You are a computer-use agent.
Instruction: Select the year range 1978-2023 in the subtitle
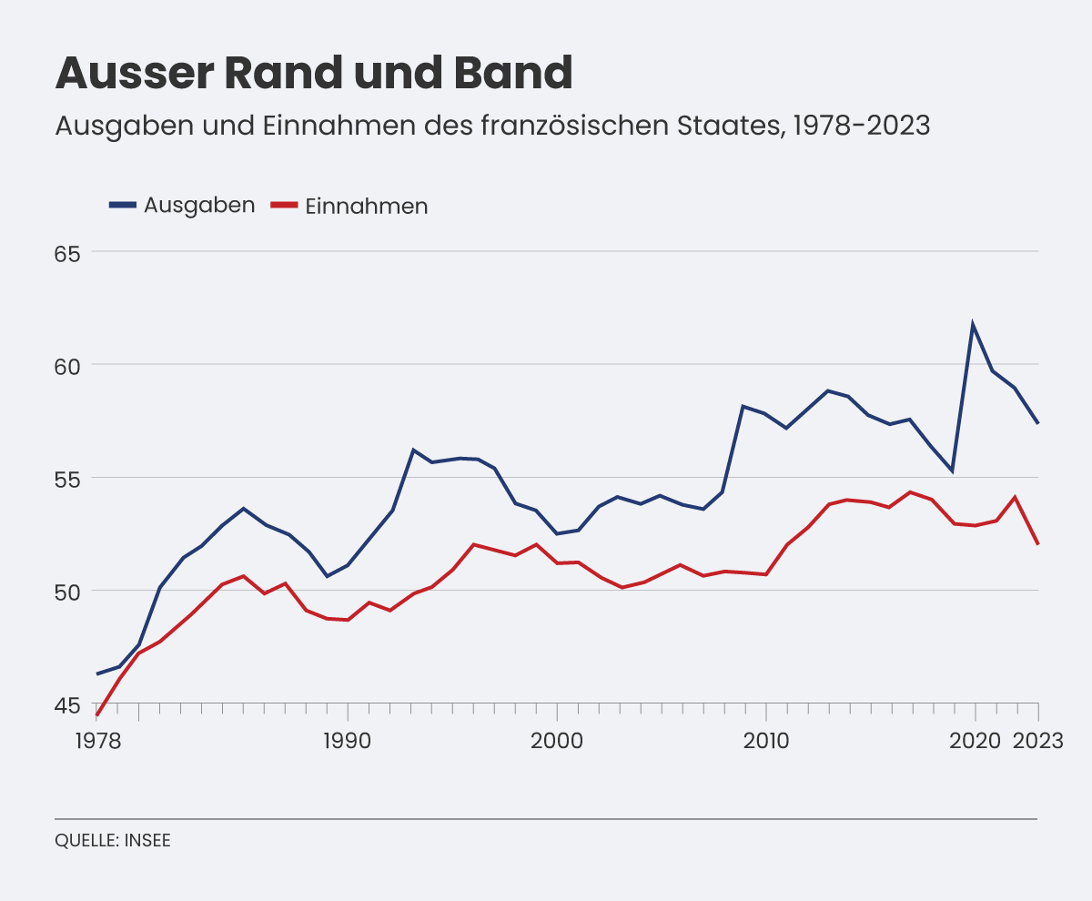862,126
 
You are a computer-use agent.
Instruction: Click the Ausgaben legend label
199,205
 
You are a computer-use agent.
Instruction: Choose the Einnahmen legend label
367,206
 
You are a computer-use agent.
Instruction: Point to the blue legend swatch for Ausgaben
123,205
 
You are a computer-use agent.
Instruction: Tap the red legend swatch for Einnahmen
285,206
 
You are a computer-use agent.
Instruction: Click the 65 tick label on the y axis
69,253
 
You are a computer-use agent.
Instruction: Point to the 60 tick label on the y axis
69,366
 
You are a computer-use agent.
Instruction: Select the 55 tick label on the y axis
69,479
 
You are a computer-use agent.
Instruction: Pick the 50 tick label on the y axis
69,592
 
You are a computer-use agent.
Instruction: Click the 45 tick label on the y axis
69,704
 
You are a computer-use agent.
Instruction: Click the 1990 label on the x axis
347,741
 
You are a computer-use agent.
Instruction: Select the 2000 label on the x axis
556,741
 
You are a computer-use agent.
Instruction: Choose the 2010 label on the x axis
765,741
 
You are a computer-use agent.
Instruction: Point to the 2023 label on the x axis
1038,741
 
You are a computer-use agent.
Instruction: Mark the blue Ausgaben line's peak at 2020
974,324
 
